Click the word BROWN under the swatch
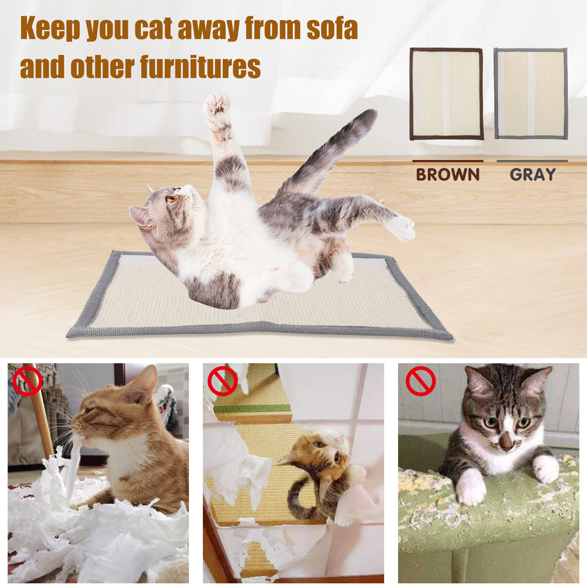448,174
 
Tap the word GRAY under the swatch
533,174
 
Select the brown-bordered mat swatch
446,94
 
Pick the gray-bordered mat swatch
531,94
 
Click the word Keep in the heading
50,29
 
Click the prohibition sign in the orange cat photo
28,381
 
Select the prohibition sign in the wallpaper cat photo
222,381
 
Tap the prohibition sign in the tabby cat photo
421,381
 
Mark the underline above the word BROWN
448,161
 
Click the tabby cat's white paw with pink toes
471,487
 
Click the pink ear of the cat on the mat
140,216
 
